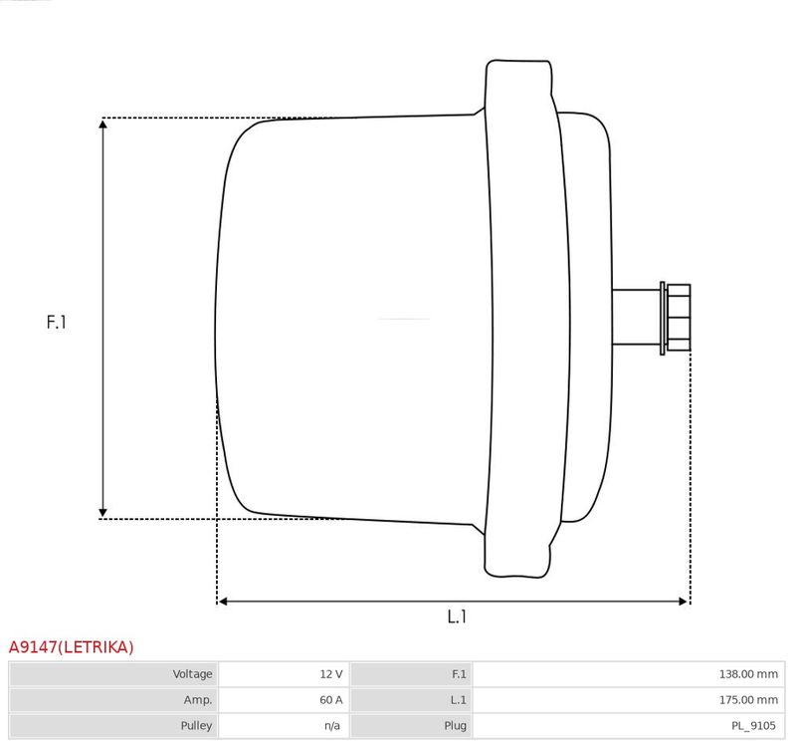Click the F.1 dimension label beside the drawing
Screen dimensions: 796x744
(x=57, y=322)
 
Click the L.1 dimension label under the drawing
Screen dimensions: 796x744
(x=457, y=617)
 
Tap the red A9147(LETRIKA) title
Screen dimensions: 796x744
(x=71, y=647)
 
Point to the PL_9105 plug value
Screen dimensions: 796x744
(x=753, y=726)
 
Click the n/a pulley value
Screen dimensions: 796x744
(x=332, y=726)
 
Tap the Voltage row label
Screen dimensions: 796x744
(x=192, y=674)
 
